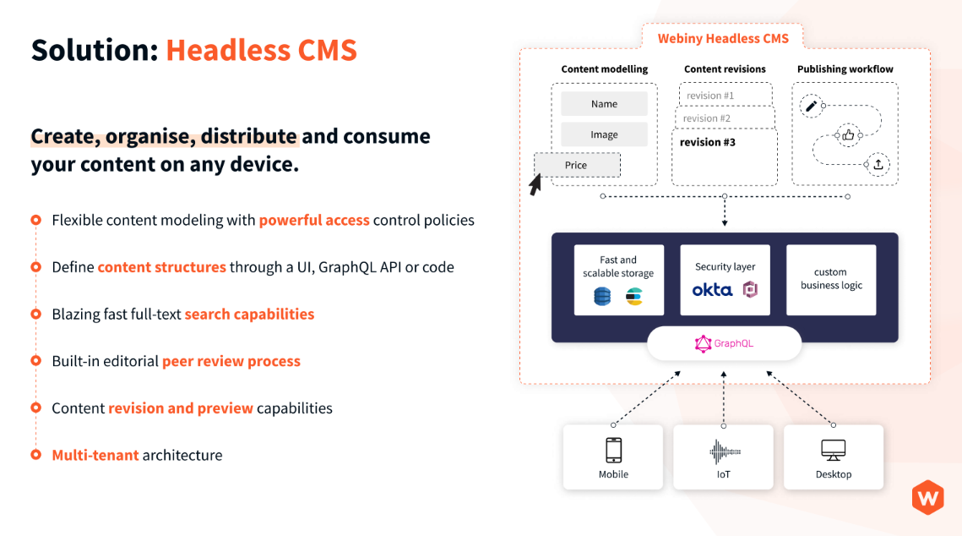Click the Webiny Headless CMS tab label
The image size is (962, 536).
(x=723, y=38)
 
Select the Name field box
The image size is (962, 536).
(x=604, y=104)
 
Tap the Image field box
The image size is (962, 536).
(x=604, y=134)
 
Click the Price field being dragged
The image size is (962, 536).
(x=577, y=165)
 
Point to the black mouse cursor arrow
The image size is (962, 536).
(x=535, y=185)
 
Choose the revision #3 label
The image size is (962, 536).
(x=708, y=142)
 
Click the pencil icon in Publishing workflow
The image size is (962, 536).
(x=811, y=106)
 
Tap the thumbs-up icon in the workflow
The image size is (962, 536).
(x=847, y=134)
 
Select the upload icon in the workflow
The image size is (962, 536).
(x=878, y=165)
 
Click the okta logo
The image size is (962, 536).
(x=712, y=290)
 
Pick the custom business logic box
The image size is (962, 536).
(x=831, y=279)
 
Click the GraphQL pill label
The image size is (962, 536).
(x=724, y=343)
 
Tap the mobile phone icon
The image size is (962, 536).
(x=613, y=450)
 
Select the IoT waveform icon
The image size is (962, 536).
(x=724, y=451)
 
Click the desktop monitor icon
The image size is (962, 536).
(x=834, y=450)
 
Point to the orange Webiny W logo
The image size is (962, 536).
(x=927, y=497)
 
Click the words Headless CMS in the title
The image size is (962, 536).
(x=261, y=51)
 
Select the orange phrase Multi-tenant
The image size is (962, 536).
(x=95, y=455)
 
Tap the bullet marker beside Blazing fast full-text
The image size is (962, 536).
(x=35, y=314)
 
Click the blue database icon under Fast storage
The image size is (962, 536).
(x=602, y=296)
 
